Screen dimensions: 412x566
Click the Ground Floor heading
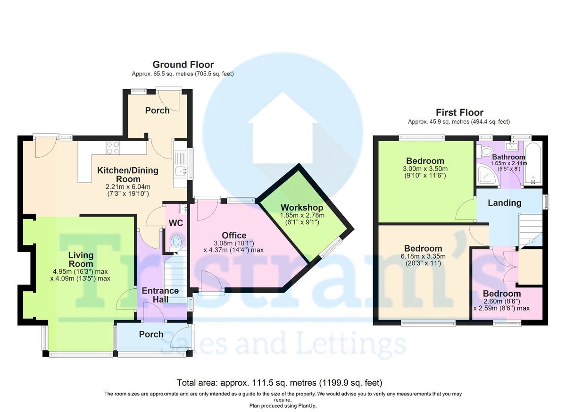[183, 65]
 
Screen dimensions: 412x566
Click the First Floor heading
[459, 112]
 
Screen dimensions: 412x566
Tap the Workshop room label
[302, 208]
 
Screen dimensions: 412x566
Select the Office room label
[234, 235]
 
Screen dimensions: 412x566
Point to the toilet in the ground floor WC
[176, 242]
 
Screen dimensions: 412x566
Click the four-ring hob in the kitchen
[113, 148]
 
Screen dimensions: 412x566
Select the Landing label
[504, 203]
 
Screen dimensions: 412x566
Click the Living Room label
[81, 259]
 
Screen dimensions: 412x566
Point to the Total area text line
[279, 382]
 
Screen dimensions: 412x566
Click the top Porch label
[157, 110]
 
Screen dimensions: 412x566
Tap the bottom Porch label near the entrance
[151, 334]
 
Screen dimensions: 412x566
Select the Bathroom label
[508, 157]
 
